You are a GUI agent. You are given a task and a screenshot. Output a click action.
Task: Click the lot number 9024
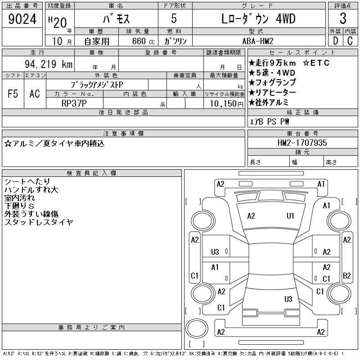pyautogui.click(x=22, y=19)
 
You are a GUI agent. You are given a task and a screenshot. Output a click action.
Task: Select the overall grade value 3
pyautogui.click(x=343, y=18)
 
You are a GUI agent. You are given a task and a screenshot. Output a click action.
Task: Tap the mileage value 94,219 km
pyautogui.click(x=49, y=64)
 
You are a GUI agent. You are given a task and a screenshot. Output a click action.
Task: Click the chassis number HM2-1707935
pyautogui.click(x=302, y=143)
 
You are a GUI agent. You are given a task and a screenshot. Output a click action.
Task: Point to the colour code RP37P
pyautogui.click(x=74, y=103)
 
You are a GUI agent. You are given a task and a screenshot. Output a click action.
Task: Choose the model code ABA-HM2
pyautogui.click(x=258, y=41)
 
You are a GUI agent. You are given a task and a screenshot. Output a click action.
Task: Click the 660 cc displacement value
pyautogui.click(x=143, y=41)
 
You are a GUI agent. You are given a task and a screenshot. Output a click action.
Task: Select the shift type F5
pyautogui.click(x=13, y=94)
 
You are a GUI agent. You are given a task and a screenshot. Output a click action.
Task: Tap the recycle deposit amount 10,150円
pyautogui.click(x=226, y=104)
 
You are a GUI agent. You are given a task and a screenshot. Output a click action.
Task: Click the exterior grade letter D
pyautogui.click(x=335, y=41)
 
